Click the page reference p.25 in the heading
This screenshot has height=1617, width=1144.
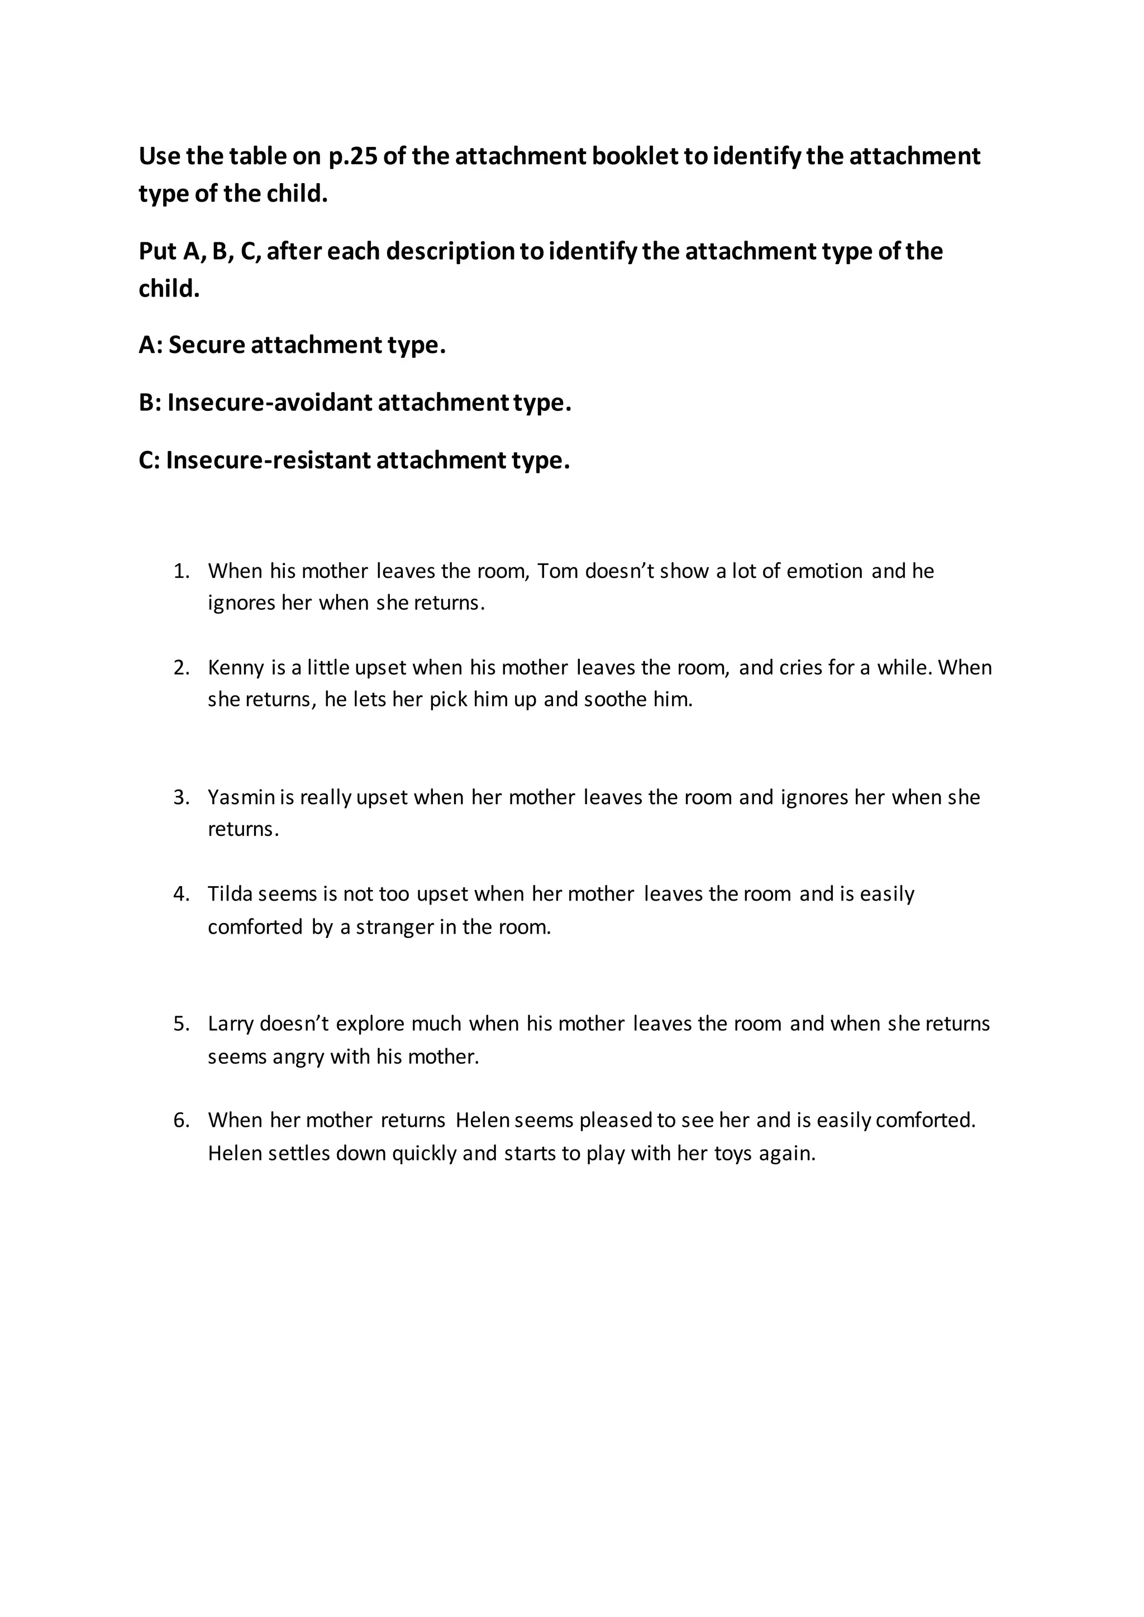tap(353, 156)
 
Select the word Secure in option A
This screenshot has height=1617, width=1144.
tap(206, 345)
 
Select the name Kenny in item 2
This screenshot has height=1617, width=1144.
tap(235, 668)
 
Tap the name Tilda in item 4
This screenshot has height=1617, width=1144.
tap(230, 894)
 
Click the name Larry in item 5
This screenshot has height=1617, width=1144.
tap(230, 1024)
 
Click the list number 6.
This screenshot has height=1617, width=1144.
tap(181, 1121)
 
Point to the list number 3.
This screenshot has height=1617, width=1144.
tap(181, 797)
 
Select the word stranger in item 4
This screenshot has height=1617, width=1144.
tap(394, 927)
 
